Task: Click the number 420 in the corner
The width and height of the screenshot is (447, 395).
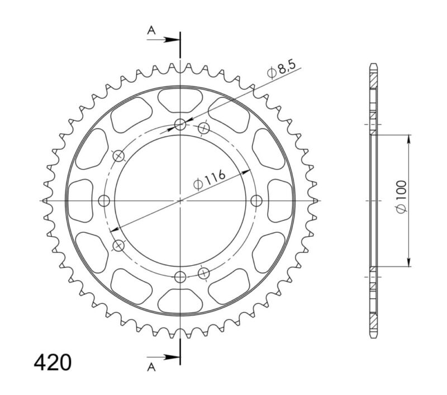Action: (53, 362)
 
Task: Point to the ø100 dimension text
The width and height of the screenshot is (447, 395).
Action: (401, 200)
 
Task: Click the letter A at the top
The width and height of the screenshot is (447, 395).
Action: (151, 32)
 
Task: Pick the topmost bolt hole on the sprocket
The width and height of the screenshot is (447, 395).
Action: (180, 125)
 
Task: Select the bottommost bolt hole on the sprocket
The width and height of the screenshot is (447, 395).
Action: (180, 276)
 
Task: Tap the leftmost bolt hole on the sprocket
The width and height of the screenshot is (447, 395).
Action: (103, 200)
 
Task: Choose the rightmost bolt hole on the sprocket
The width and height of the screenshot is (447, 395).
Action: (256, 200)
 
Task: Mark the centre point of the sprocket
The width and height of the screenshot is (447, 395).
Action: (180, 200)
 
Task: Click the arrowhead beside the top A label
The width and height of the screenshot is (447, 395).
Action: (175, 40)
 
